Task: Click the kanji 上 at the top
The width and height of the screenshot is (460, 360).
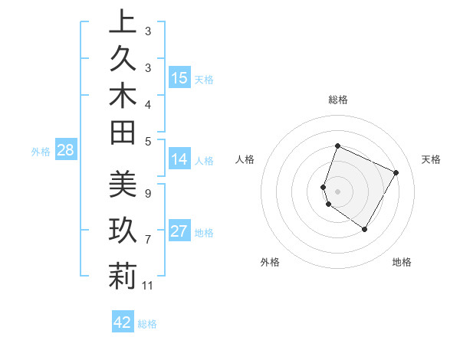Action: [x=122, y=22]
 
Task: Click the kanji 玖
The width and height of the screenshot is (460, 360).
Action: [x=122, y=231]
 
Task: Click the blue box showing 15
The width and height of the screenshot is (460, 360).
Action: [x=179, y=77]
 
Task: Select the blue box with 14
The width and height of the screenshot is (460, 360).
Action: [x=179, y=159]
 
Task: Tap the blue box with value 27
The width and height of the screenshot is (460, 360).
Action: [x=179, y=232]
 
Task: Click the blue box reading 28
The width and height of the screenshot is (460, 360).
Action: [x=66, y=150]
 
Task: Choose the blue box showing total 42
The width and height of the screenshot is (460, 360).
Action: [x=123, y=322]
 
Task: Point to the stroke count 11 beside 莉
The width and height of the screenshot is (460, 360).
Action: [x=148, y=286]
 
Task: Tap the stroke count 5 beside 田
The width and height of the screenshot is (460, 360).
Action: [x=147, y=141]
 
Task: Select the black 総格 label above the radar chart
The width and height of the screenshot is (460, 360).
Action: [x=338, y=100]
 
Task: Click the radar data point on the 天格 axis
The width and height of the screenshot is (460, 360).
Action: [x=396, y=172]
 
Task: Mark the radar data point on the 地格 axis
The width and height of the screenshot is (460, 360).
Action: [x=365, y=229]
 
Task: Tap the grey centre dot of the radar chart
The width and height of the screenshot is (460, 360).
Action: [x=338, y=190]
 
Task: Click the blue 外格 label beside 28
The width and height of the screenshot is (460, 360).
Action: [x=41, y=151]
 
